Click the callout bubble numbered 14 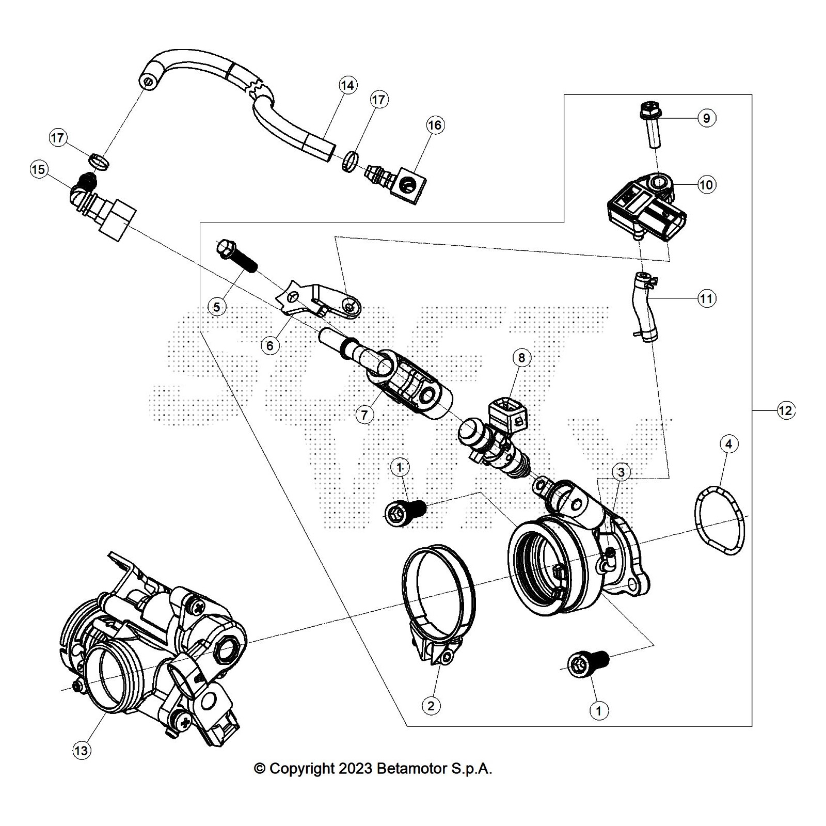[348, 85]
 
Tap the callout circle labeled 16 [435, 125]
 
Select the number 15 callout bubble [39, 169]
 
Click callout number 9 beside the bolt [707, 118]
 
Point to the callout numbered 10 [706, 184]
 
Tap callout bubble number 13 [81, 750]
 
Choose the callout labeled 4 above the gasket [728, 443]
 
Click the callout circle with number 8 [521, 357]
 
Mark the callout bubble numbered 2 [431, 705]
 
